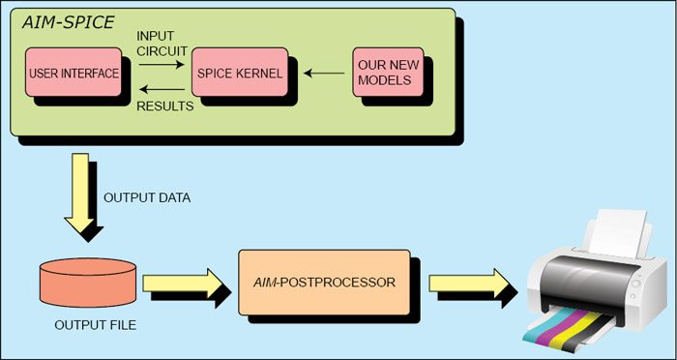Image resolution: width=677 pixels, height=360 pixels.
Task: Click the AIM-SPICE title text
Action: click(x=69, y=22)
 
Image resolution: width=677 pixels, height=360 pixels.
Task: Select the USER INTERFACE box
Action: click(x=74, y=73)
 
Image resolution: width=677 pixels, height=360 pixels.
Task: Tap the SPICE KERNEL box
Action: click(x=240, y=73)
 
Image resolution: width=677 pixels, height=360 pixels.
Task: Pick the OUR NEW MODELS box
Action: click(x=388, y=73)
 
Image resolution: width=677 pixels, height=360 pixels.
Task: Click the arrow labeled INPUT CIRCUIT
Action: click(x=162, y=65)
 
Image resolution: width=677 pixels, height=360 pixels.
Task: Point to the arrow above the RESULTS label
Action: click(x=162, y=89)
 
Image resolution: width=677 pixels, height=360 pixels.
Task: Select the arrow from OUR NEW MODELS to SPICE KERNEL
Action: click(x=324, y=73)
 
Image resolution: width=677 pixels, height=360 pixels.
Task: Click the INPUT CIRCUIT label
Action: click(x=162, y=44)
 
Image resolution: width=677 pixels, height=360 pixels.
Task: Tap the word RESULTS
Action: click(x=165, y=106)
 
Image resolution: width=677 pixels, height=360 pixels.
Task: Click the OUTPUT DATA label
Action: click(x=147, y=198)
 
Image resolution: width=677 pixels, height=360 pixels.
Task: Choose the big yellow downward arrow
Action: click(x=79, y=193)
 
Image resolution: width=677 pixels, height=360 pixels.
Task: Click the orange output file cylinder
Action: click(x=88, y=283)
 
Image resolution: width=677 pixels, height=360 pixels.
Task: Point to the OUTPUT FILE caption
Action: click(x=96, y=324)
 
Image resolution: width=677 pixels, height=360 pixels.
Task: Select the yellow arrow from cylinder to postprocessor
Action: click(x=183, y=284)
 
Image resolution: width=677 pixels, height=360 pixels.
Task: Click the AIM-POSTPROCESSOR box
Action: click(x=324, y=283)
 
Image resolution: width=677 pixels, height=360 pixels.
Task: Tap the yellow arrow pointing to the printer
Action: click(x=469, y=284)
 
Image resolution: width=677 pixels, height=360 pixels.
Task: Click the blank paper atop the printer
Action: click(x=617, y=233)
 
